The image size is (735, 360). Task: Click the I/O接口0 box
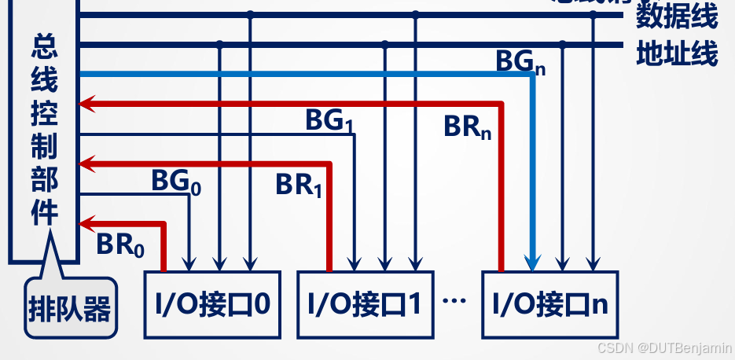click(213, 304)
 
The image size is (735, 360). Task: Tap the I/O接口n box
click(549, 304)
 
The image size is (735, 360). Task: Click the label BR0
click(120, 244)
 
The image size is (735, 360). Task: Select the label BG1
click(328, 121)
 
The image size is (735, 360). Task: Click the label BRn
click(467, 127)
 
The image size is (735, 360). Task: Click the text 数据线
click(677, 15)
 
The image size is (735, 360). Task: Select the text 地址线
click(677, 55)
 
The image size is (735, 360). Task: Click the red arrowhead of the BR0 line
click(86, 223)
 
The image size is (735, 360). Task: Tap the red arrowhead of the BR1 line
click(86, 163)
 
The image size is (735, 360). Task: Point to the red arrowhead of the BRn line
click(86, 103)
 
